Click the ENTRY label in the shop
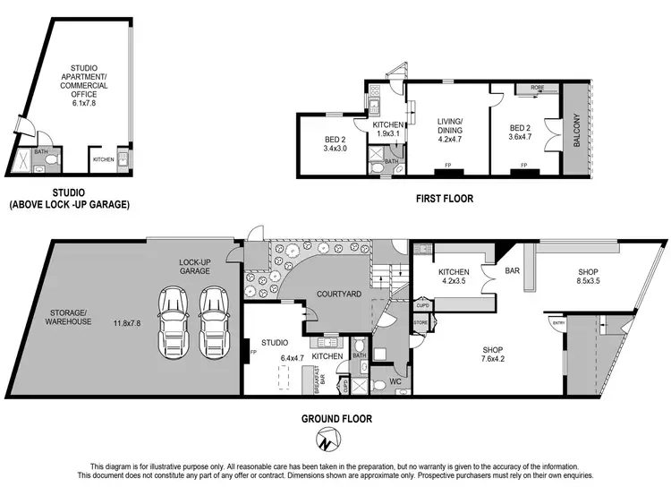559,322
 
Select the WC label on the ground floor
395,382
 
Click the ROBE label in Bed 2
537,88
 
